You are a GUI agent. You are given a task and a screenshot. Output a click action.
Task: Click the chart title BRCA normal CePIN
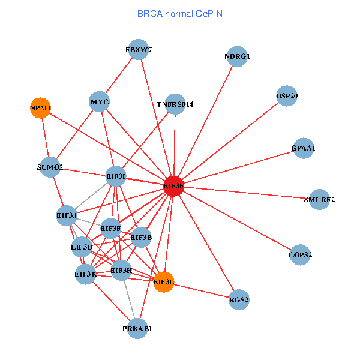coord(179,13)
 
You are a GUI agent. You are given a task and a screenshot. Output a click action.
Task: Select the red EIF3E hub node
coord(174,187)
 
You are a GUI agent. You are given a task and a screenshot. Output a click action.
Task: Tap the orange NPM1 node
coord(41,108)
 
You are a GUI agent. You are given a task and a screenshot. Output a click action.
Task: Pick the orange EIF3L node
coord(164,281)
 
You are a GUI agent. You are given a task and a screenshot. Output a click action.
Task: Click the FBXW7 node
coord(139,50)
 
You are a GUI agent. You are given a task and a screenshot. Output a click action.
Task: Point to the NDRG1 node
coord(237,57)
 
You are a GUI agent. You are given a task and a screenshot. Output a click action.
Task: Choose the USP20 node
coord(287,96)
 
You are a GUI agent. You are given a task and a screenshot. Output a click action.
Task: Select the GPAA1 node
coord(304,148)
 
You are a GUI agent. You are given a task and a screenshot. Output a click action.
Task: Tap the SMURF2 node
coord(319,199)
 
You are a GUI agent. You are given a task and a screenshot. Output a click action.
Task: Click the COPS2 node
coord(301,255)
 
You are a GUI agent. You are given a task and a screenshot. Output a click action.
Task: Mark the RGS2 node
coord(239,299)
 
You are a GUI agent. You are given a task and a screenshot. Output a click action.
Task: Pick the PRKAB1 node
coord(138,329)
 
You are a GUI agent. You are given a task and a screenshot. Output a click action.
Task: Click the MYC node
coord(100,102)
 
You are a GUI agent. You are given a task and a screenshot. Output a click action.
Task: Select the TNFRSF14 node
coord(175,104)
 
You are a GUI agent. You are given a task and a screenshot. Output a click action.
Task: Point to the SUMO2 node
coord(50,167)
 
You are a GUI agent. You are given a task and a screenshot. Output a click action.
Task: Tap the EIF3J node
coord(67,215)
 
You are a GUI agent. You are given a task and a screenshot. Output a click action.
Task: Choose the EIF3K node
coord(86,274)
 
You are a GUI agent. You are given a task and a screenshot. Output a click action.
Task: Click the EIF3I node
coord(116,176)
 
